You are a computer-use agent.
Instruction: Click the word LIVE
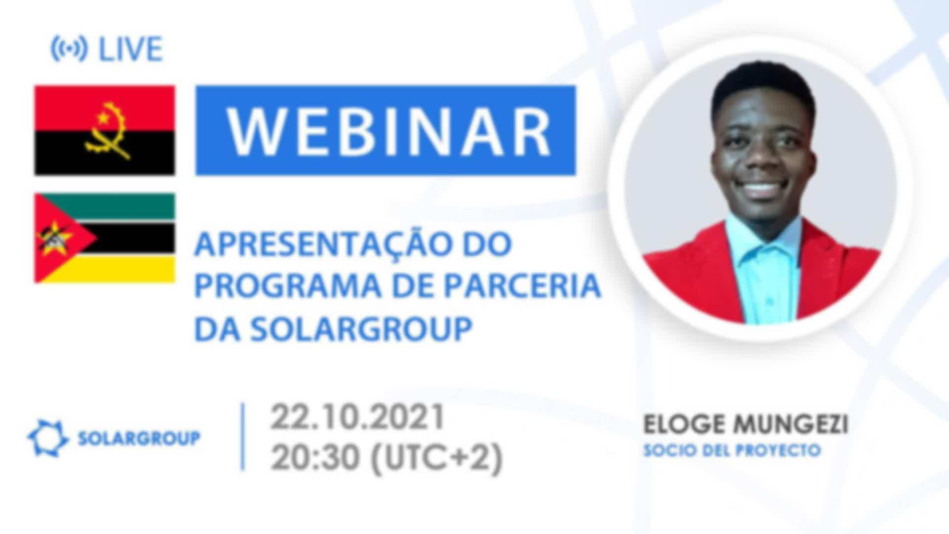point(130,49)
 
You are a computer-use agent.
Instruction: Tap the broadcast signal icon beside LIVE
point(69,49)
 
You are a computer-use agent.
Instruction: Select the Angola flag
point(104,131)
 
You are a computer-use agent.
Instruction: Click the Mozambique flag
point(104,238)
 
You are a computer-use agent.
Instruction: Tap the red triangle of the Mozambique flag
point(59,238)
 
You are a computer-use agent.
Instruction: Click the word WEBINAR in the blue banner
point(388,131)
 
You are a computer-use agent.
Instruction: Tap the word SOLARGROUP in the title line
point(361,329)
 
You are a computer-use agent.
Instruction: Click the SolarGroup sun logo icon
point(47,438)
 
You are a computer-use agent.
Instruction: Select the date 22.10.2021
point(357,418)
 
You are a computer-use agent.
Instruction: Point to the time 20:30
point(315,457)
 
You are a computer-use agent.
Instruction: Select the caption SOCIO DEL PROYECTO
point(732,450)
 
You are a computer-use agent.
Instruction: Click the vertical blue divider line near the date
point(243,437)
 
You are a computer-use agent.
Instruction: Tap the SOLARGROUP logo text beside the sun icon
point(139,438)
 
